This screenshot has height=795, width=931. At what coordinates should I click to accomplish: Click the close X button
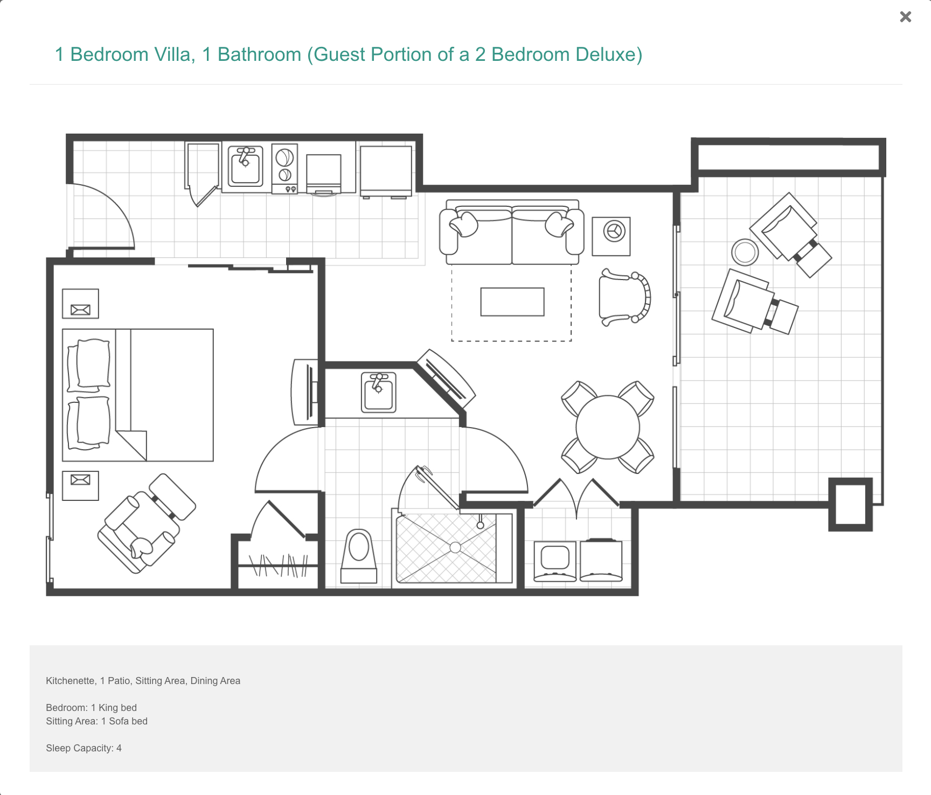pos(906,17)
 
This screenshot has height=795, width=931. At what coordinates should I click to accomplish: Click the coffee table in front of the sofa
pos(512,302)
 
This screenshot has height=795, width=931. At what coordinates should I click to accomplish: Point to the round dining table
pos(608,427)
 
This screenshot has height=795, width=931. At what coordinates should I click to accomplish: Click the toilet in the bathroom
pos(359,555)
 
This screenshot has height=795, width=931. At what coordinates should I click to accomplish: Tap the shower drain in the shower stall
pos(455,548)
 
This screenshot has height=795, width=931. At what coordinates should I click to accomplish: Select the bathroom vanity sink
pos(379,392)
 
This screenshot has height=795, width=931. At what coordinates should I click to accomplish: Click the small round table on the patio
pos(745,252)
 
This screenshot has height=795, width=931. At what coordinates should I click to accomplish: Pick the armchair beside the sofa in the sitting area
pos(625,297)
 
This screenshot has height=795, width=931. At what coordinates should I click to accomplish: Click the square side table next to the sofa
pos(611,236)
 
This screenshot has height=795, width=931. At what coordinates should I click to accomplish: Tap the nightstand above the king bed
pos(80,304)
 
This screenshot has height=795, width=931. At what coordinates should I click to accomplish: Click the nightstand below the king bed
pos(80,486)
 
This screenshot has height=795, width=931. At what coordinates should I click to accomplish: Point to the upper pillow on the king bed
pos(89,365)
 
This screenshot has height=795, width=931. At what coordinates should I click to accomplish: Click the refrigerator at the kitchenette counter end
pos(386,171)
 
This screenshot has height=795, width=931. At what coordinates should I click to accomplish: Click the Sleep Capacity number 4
pos(119,748)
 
